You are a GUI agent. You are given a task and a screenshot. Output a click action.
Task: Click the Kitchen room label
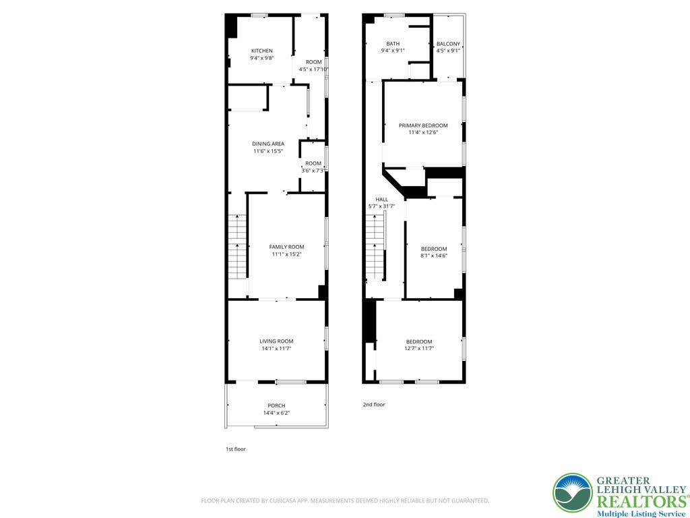[x=262, y=51]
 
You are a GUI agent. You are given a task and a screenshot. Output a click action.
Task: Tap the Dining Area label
[x=268, y=144]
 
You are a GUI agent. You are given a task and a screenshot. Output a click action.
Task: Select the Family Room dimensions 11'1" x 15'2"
[x=286, y=254]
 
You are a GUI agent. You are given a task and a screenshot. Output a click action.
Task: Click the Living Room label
[x=276, y=341]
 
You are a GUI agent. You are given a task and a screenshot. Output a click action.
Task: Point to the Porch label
[x=276, y=405]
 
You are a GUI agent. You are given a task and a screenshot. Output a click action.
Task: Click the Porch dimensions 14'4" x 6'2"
[x=276, y=413]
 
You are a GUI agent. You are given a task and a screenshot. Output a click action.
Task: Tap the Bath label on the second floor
[x=393, y=44]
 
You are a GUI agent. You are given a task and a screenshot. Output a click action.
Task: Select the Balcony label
[x=448, y=44]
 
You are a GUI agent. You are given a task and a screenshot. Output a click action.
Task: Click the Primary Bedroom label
[x=423, y=125]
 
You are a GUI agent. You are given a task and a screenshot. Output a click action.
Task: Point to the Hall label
[x=381, y=200]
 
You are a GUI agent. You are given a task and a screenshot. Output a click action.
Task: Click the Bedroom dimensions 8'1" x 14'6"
[x=434, y=256]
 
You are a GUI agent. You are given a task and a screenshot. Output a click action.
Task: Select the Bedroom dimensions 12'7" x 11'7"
[x=419, y=349]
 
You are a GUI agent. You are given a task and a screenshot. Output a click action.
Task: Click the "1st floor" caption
[x=235, y=449]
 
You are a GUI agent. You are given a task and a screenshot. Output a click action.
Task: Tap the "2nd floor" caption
[x=373, y=405]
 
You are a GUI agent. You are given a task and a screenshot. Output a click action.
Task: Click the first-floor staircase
[x=237, y=247]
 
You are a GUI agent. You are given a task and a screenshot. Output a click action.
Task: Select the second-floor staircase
[x=375, y=247]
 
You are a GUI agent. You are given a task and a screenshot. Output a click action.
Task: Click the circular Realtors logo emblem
[x=573, y=493]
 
